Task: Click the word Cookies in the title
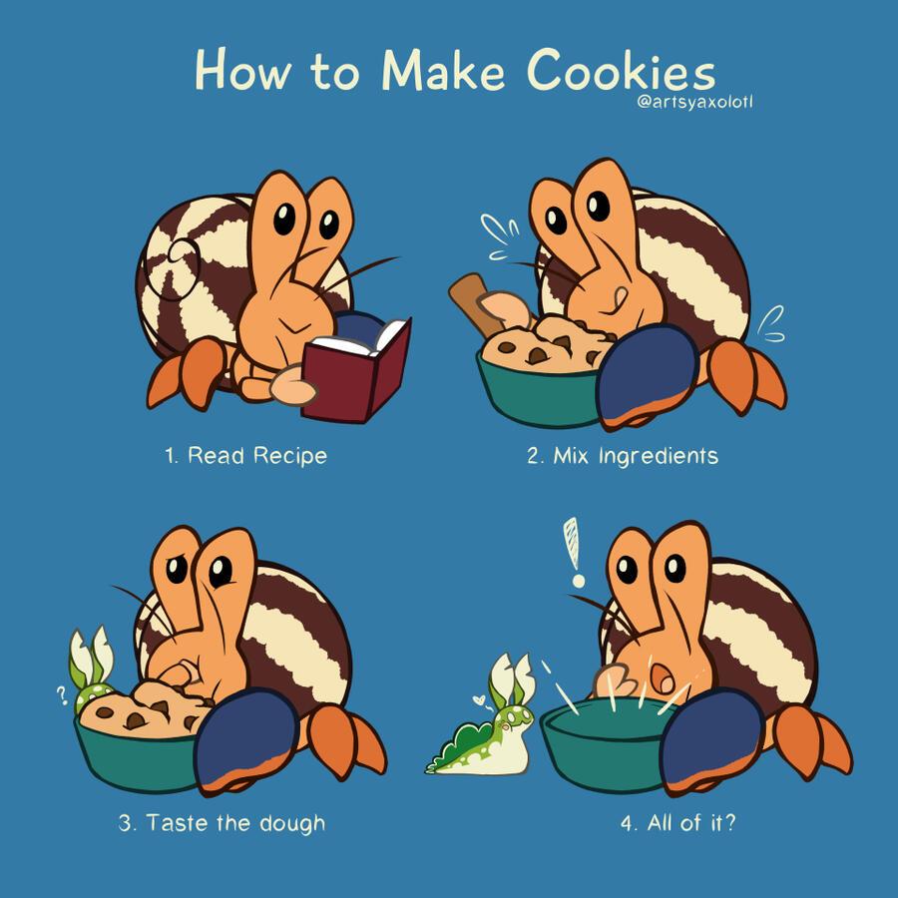(x=621, y=70)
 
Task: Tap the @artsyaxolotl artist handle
(x=694, y=103)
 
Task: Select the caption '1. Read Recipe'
(x=245, y=455)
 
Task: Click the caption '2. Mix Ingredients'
(x=623, y=456)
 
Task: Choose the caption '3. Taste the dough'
(x=222, y=823)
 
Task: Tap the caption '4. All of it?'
(x=678, y=822)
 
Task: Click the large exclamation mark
(x=574, y=552)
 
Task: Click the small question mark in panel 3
(x=62, y=694)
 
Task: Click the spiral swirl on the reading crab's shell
(x=172, y=269)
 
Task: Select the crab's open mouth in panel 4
(x=663, y=678)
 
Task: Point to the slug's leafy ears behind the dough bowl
(x=92, y=659)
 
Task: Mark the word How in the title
(x=242, y=70)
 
